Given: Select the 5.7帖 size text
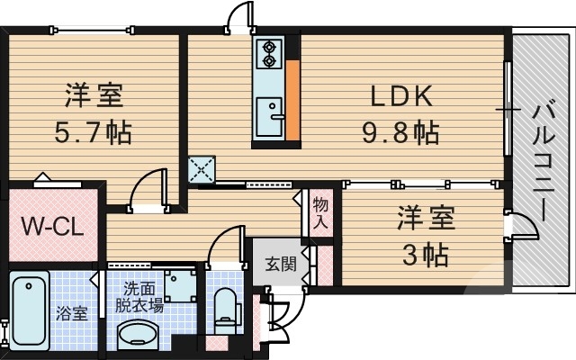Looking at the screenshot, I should (x=93, y=133).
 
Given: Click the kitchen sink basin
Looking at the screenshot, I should (x=268, y=114).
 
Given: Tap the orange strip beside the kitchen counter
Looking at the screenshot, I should (x=292, y=99).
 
